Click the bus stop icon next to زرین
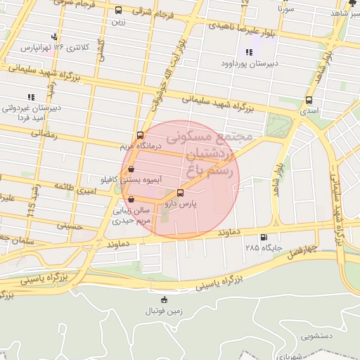point(117,11)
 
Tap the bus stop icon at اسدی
point(309,100)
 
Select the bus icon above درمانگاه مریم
point(140,135)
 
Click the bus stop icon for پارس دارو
point(181,193)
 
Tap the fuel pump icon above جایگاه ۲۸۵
point(264,237)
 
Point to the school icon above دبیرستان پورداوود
point(248,51)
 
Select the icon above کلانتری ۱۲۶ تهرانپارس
point(55,37)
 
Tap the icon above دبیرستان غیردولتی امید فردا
point(30,96)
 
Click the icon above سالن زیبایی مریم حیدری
point(131,199)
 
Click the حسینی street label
point(70,226)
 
